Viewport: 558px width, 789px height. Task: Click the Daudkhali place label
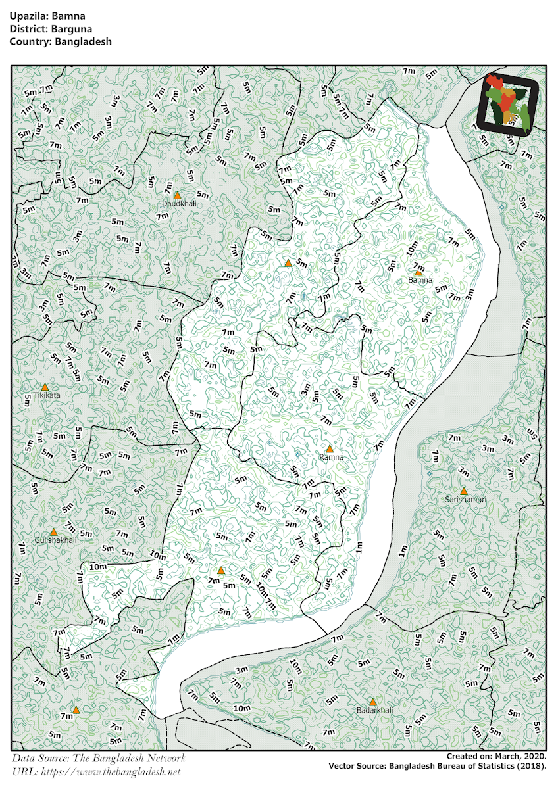click(x=179, y=204)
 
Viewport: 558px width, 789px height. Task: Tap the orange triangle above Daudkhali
click(x=177, y=195)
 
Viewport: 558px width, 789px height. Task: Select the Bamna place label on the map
click(x=420, y=280)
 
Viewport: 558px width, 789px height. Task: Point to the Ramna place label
click(x=331, y=457)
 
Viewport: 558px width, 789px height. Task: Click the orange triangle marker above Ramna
click(x=330, y=448)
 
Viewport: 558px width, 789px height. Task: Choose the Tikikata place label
click(x=46, y=395)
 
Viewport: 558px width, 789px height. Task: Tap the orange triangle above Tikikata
click(x=45, y=387)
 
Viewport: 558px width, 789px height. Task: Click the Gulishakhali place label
click(x=56, y=540)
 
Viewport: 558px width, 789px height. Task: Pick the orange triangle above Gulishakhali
click(x=54, y=531)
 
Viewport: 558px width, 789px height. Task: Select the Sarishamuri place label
click(x=465, y=500)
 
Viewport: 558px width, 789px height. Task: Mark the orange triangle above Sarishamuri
click(x=464, y=491)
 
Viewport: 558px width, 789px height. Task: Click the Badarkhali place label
click(x=374, y=711)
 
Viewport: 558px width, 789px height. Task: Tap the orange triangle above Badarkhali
click(x=373, y=702)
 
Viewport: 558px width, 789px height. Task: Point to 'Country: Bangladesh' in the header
click(x=61, y=41)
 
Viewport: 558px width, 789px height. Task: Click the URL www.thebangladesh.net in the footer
click(x=110, y=771)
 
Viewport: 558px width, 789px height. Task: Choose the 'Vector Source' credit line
click(x=438, y=766)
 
